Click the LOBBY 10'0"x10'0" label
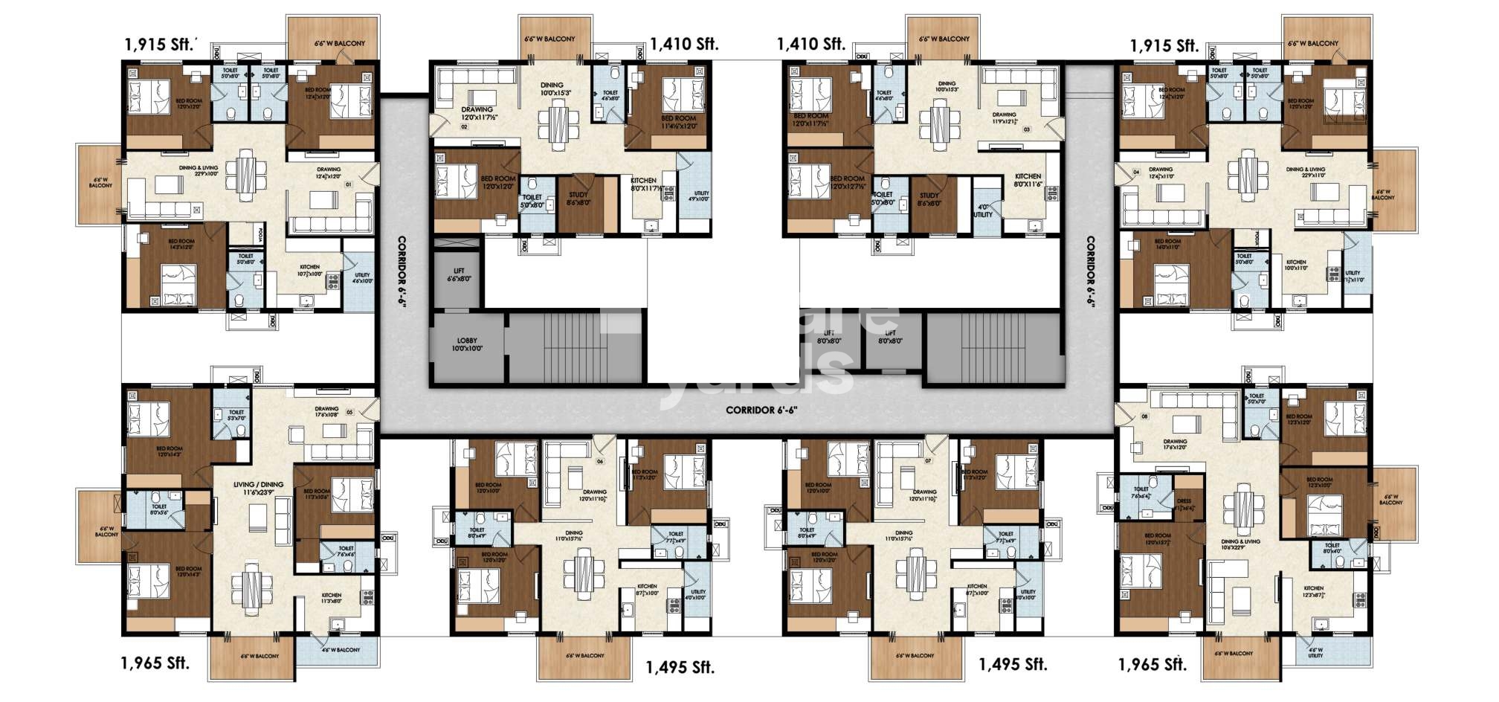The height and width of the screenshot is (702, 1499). pos(467,344)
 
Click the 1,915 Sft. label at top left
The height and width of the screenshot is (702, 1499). pos(160,44)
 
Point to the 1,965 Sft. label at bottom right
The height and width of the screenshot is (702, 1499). pos(1153,664)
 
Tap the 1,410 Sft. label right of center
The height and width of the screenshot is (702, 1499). pos(811,44)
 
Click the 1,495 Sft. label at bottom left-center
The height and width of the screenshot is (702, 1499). pos(680,667)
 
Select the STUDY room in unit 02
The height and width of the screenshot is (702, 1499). pos(578,199)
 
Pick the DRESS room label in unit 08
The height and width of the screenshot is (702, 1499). pos(1184,505)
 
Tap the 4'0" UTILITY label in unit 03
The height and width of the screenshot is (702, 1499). pos(982,211)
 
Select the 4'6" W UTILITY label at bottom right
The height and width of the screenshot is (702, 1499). pos(1315,652)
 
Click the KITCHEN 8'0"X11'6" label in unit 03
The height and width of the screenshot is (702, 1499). pos(1028,181)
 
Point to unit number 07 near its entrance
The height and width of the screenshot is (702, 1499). pos(928,461)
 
